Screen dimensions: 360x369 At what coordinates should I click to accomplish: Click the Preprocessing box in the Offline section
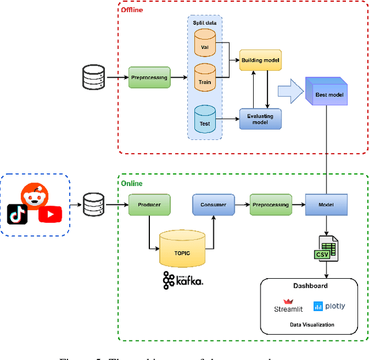click(x=149, y=77)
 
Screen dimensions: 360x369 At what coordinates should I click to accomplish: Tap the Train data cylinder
click(x=204, y=78)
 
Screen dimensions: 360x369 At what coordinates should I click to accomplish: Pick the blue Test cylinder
click(x=204, y=119)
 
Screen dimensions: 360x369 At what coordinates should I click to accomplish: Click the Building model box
click(x=260, y=59)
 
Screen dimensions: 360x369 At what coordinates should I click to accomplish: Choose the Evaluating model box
click(x=260, y=119)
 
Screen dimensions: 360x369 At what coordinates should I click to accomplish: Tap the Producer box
click(x=149, y=204)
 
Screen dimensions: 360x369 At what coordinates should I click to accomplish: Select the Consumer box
click(x=213, y=204)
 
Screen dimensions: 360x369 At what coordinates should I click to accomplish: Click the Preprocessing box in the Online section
click(x=271, y=204)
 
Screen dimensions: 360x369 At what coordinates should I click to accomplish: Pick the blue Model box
click(x=326, y=204)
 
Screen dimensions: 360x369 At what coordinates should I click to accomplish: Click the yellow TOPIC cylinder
click(x=182, y=249)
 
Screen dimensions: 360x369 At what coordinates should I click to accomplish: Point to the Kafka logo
click(x=183, y=280)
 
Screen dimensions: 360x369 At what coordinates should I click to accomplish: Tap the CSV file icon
click(x=326, y=248)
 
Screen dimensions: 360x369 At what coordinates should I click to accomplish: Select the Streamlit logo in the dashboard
click(x=288, y=306)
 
